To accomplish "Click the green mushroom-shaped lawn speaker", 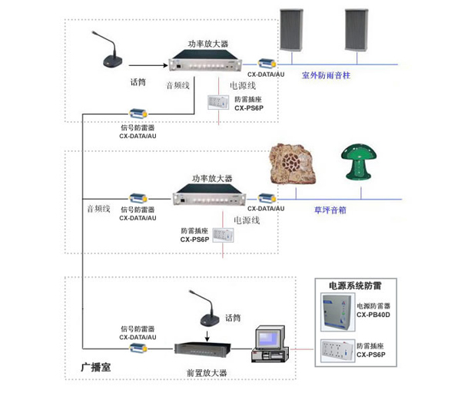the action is [x=359, y=162].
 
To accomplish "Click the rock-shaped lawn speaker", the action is [x=293, y=164].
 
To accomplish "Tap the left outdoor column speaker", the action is [x=291, y=30].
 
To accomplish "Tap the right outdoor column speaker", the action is [x=357, y=30].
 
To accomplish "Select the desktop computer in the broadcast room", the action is [x=270, y=344].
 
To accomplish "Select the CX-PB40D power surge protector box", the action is [x=337, y=312].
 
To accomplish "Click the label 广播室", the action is [x=96, y=367].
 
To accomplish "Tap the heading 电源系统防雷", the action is [x=355, y=286].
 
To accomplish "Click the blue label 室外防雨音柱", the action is [x=326, y=75].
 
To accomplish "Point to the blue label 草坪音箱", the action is [x=330, y=210].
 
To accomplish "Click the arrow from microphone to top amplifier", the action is [x=148, y=65].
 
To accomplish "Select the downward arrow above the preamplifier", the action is [x=207, y=337].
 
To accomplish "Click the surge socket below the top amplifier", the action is [x=218, y=102].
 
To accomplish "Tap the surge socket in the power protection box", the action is [x=337, y=351].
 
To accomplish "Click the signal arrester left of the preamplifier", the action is [x=138, y=348].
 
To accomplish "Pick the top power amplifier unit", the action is [x=205, y=60].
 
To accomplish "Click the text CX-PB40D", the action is [x=373, y=315].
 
